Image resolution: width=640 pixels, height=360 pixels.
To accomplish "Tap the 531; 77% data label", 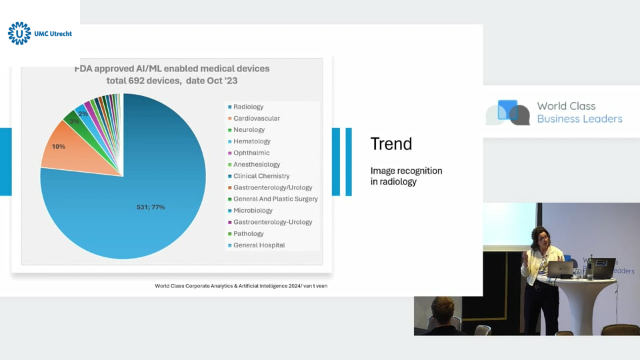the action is [x=151, y=207].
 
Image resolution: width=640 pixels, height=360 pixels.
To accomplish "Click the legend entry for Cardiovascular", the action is [x=254, y=119].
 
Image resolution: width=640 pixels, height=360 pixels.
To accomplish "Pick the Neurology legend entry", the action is [x=246, y=130].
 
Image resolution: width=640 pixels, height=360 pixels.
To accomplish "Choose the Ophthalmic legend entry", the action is [x=249, y=153].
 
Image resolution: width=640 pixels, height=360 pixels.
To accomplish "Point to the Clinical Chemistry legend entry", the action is [x=259, y=176].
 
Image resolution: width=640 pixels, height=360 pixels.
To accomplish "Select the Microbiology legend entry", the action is [x=250, y=211].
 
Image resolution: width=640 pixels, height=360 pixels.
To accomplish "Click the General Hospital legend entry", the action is [x=256, y=245].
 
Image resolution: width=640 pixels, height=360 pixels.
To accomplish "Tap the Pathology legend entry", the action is [x=246, y=234].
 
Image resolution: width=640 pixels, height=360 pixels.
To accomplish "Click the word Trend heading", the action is [x=391, y=144].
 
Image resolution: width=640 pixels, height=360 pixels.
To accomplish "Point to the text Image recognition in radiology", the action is [x=406, y=176].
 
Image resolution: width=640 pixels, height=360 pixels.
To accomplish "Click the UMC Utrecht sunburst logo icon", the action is [x=19, y=33].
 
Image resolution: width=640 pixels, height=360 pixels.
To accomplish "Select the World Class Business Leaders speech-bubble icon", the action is [x=508, y=112].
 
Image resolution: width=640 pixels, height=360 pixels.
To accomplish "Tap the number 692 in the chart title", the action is [x=136, y=81].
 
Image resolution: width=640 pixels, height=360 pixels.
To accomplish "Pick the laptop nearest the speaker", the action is [x=560, y=270].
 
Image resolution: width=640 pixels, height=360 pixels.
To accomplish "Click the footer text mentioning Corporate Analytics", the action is [x=241, y=286].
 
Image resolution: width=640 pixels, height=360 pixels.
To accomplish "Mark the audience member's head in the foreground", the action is [x=443, y=310].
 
